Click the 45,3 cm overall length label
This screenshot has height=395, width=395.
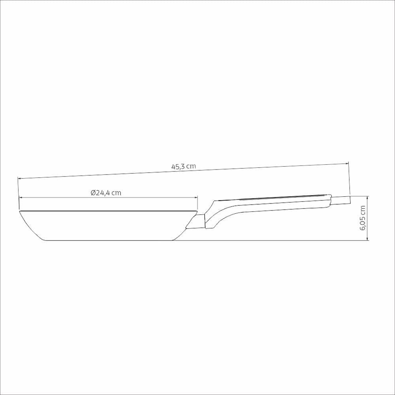click(x=183, y=167)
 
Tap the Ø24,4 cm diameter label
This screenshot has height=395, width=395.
click(x=105, y=193)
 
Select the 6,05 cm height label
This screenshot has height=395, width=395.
click(x=363, y=218)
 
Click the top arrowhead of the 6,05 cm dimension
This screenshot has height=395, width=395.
click(x=367, y=197)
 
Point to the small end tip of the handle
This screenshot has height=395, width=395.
click(x=341, y=200)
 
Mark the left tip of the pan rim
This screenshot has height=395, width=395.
click(x=20, y=212)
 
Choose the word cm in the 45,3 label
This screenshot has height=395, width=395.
click(x=191, y=166)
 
